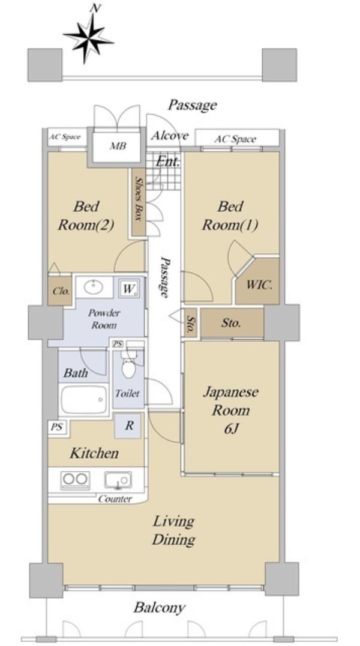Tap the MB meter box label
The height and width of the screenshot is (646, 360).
click(118, 146)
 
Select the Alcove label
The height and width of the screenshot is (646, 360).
click(169, 136)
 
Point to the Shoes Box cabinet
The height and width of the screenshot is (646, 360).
click(139, 203)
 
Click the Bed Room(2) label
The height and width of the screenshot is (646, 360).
click(86, 216)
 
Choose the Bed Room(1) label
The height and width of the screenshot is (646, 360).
click(230, 216)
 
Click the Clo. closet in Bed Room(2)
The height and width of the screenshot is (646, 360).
click(60, 291)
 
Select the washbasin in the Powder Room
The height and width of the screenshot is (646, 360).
click(94, 287)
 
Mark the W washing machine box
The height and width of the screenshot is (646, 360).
click(129, 289)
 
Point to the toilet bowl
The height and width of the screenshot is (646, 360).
click(128, 368)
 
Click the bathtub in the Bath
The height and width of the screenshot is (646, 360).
click(84, 400)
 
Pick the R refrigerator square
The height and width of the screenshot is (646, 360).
click(129, 425)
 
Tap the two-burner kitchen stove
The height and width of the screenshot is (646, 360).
click(76, 479)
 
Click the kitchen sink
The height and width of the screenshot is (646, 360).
click(118, 480)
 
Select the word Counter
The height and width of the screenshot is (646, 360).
click(115, 499)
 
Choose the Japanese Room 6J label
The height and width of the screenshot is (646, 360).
click(230, 410)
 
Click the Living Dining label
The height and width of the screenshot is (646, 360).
click(173, 531)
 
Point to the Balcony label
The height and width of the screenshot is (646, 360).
click(160, 607)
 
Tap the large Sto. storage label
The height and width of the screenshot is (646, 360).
click(230, 323)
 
